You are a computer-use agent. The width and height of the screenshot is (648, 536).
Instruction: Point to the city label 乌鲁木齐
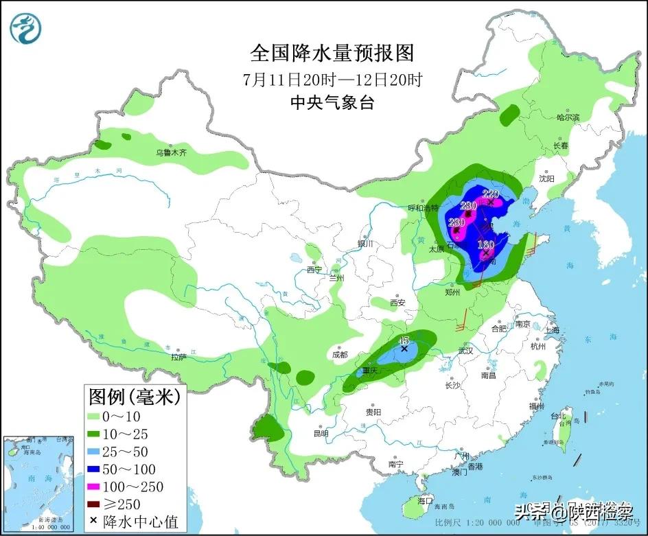[x=170, y=152]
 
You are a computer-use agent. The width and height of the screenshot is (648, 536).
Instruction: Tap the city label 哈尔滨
[x=568, y=118]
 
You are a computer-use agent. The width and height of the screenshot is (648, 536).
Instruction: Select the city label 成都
[x=339, y=355]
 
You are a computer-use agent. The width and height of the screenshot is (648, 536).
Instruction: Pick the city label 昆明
[x=321, y=434]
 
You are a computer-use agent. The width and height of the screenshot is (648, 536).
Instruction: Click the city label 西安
[x=397, y=303]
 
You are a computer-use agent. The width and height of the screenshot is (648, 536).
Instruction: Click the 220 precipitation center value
[x=490, y=194]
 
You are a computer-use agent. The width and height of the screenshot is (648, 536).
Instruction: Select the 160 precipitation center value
[x=486, y=244]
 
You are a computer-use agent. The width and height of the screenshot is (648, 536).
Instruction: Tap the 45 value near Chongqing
[x=404, y=340]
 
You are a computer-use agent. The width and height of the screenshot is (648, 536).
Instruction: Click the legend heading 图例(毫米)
[x=134, y=396]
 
